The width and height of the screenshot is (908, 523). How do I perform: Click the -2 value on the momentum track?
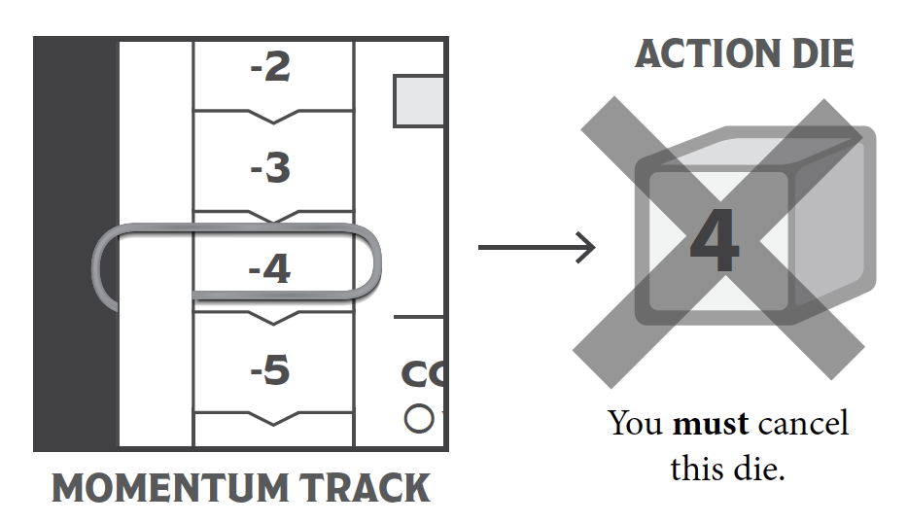(271, 68)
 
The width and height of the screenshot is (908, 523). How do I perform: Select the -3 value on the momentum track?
(271, 169)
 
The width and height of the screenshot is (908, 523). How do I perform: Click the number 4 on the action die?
(716, 241)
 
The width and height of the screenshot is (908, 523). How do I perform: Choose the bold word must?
(710, 425)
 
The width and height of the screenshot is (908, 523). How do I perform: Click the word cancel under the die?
(803, 425)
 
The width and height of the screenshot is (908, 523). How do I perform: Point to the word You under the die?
(636, 425)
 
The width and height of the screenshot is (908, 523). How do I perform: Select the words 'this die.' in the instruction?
(727, 469)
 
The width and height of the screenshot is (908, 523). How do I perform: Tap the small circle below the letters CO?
(418, 419)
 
